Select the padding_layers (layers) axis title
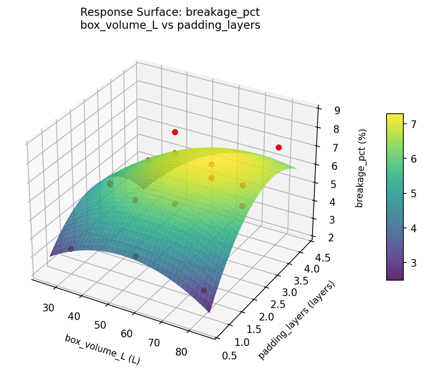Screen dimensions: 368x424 (296, 320)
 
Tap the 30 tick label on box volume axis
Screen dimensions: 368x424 (48, 308)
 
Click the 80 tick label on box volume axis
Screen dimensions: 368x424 (182, 352)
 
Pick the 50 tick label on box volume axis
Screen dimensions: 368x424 (100, 325)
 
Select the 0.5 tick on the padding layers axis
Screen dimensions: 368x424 (229, 356)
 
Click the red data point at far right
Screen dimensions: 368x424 (279, 147)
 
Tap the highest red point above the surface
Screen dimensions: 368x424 (175, 132)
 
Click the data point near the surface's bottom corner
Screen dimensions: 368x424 (204, 290)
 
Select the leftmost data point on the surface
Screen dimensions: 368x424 (71, 249)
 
